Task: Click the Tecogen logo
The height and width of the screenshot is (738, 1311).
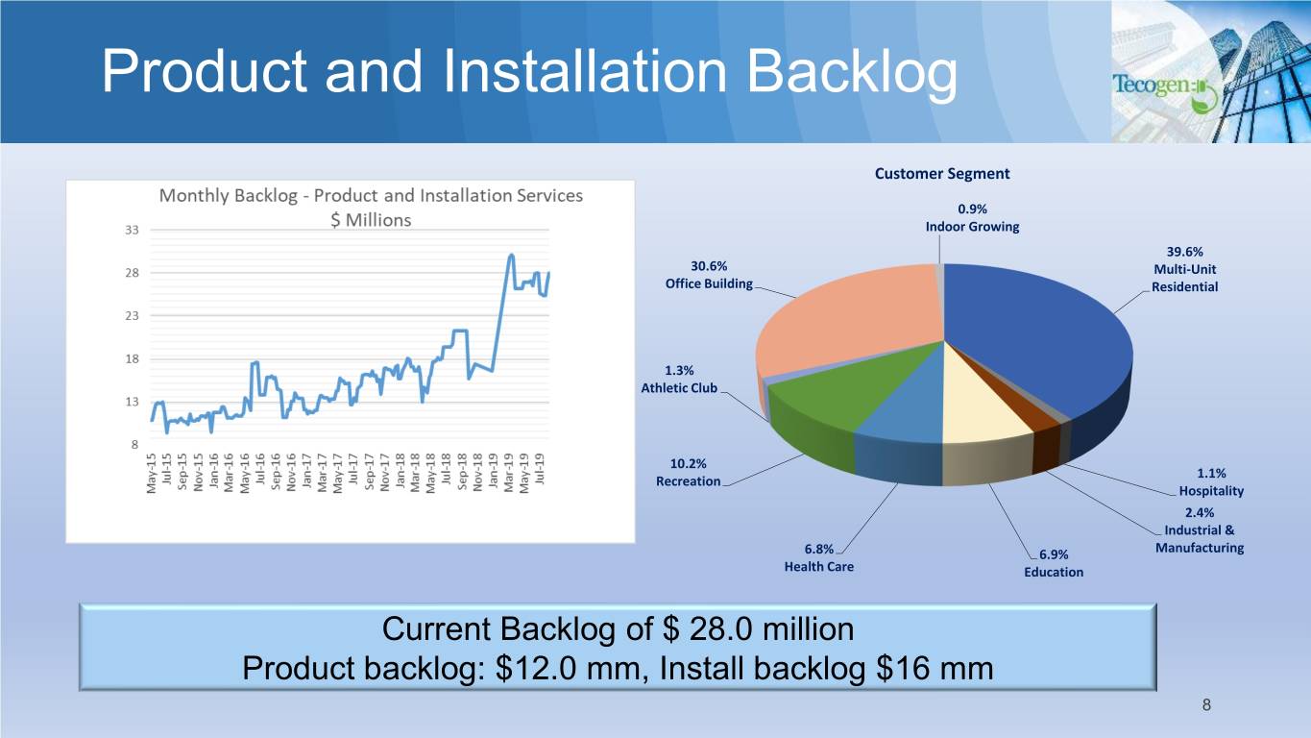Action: [1165, 91]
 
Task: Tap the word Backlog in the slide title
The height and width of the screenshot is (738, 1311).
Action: [852, 72]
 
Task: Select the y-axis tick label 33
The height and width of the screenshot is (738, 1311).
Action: [132, 231]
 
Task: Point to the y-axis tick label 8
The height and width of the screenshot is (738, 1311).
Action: [134, 445]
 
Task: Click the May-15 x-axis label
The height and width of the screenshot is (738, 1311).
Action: [152, 473]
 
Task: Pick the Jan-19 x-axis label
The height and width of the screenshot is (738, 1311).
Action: [493, 471]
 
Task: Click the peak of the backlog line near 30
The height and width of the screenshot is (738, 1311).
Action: [511, 256]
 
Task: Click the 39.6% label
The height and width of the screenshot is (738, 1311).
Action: [1184, 252]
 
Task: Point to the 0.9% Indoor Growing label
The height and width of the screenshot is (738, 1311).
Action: [972, 218]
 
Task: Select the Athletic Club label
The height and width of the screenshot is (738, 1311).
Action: [679, 388]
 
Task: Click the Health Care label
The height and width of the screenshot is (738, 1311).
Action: [819, 566]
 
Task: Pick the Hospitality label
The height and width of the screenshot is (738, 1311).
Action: [1211, 491]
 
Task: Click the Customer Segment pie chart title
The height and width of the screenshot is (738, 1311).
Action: [942, 173]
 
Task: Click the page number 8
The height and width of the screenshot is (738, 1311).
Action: [1206, 704]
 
